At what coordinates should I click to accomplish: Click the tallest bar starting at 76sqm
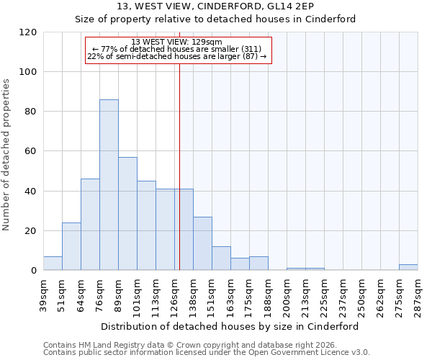tap(109, 185)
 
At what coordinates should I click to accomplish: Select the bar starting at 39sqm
tap(53, 264)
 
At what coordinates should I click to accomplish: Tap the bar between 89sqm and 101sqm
tap(127, 214)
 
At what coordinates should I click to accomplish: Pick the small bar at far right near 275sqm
tap(408, 267)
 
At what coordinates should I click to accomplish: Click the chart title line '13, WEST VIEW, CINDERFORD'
tap(215, 6)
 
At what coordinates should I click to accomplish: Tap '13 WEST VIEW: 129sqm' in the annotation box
tap(178, 42)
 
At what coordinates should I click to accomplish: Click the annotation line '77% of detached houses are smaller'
tap(178, 49)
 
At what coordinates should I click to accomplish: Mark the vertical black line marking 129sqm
tap(179, 166)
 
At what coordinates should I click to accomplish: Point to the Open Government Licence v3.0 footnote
tap(207, 353)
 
